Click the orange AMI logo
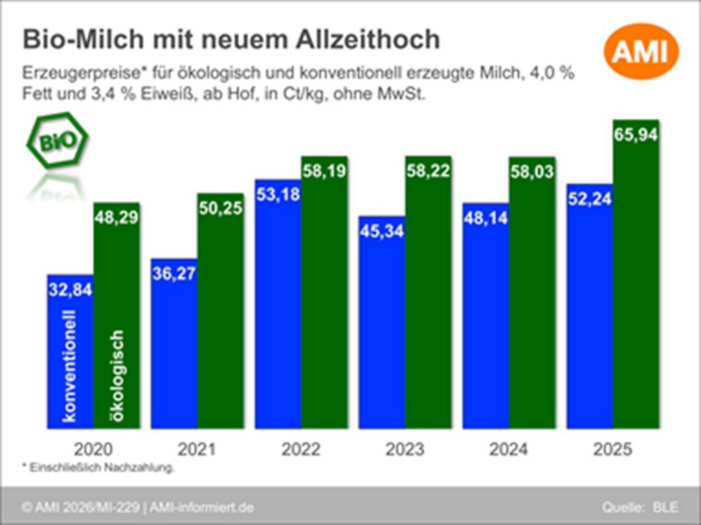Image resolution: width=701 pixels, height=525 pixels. pos(640,53)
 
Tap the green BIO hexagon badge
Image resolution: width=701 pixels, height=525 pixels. pos(57,143)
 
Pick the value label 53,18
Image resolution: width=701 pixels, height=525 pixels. pos(278,195)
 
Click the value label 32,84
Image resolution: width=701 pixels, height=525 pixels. pos(70,290)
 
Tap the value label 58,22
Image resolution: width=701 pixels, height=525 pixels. pos(429,172)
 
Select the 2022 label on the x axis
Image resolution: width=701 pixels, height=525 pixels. pos(301,449)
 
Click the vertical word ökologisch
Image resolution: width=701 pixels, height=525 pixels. pos(116,374)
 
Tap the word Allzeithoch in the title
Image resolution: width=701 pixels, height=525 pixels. pos(360,40)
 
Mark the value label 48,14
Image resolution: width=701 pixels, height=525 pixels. pos(486,217)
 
